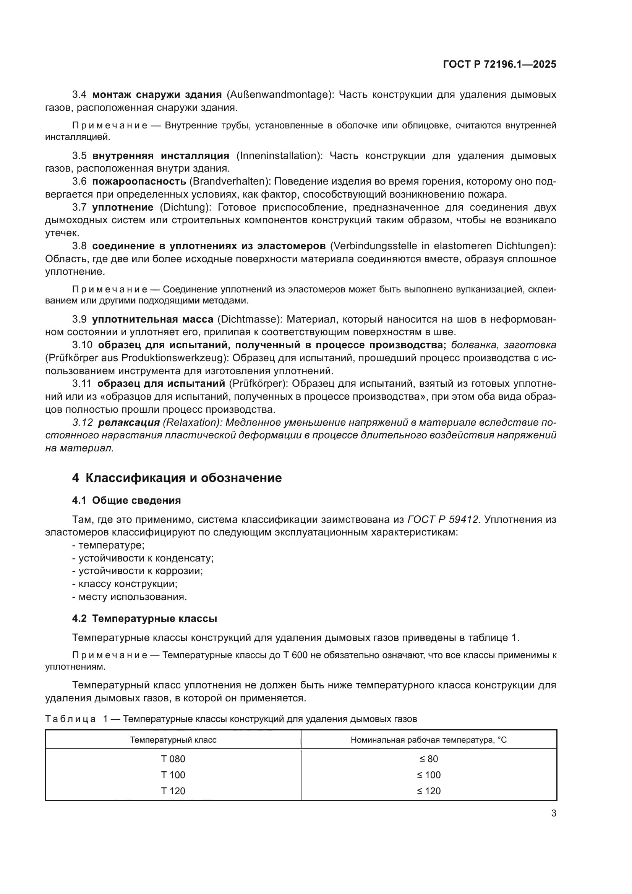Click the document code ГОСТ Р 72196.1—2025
[x=499, y=65]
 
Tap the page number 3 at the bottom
[x=553, y=813]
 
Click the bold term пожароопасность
[x=139, y=182]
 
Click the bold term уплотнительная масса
[x=152, y=319]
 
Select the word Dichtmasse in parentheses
[x=249, y=319]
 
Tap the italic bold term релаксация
[x=129, y=422]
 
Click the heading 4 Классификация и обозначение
[x=177, y=478]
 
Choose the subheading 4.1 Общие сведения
[x=126, y=500]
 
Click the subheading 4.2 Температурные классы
[x=144, y=619]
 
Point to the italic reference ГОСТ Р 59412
[x=442, y=520]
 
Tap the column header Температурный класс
[x=173, y=740]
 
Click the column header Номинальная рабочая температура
[x=428, y=740]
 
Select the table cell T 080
[x=173, y=759]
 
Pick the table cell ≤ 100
[x=428, y=775]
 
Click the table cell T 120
[x=173, y=791]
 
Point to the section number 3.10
[x=82, y=345]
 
